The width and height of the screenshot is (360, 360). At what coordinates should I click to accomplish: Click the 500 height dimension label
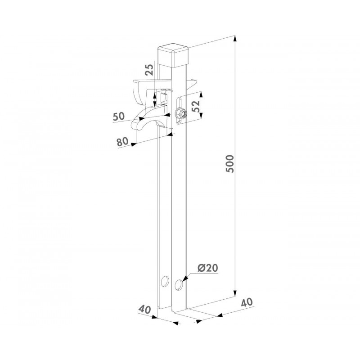point(230,164)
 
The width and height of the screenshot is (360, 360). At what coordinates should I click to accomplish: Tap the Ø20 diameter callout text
point(207,268)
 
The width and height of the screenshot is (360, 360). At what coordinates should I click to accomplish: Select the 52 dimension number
point(196,106)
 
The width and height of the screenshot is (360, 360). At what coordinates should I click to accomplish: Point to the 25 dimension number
point(149,70)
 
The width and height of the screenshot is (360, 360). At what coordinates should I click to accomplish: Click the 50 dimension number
point(119,117)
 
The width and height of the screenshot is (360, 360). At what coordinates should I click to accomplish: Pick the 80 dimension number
point(122,142)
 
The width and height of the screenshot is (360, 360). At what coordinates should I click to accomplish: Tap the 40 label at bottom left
point(144,310)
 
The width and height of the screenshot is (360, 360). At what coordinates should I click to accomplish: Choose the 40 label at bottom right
point(247,302)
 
